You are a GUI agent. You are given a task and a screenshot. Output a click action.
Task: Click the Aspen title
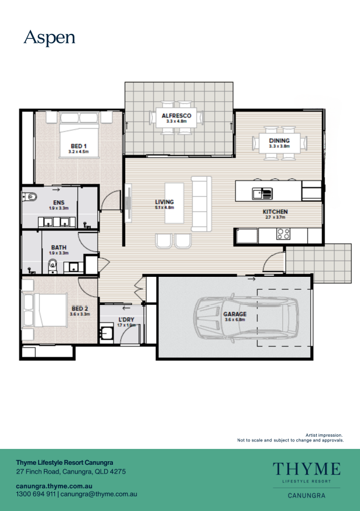(49, 39)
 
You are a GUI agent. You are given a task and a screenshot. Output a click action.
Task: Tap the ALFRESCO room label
(176, 116)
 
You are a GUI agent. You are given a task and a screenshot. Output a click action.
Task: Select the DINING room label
(279, 141)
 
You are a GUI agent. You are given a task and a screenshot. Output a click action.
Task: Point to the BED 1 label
(78, 146)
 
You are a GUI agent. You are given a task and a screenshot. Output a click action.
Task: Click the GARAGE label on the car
(235, 314)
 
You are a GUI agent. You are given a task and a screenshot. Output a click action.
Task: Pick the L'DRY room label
(126, 320)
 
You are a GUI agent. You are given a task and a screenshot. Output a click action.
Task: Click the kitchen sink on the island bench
(262, 193)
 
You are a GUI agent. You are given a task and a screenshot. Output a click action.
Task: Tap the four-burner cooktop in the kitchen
(283, 234)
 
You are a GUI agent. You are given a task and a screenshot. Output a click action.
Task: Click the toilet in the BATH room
(52, 266)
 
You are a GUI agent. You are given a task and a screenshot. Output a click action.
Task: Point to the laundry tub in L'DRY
(106, 334)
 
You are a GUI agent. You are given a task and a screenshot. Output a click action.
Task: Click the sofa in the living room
(201, 204)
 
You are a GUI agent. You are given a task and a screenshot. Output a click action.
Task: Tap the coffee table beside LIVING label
(174, 203)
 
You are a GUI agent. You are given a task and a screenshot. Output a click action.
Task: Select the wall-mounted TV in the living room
(128, 203)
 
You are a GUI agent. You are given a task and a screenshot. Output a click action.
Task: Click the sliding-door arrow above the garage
(251, 279)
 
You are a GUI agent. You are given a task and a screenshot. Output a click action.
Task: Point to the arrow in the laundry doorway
(126, 308)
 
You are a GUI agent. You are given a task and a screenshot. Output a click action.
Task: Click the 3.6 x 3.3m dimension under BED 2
(80, 314)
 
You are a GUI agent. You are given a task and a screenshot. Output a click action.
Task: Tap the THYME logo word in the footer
(307, 469)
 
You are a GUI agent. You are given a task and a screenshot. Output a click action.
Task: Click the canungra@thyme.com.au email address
(99, 494)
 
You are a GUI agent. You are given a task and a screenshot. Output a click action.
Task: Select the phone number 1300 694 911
(36, 494)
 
